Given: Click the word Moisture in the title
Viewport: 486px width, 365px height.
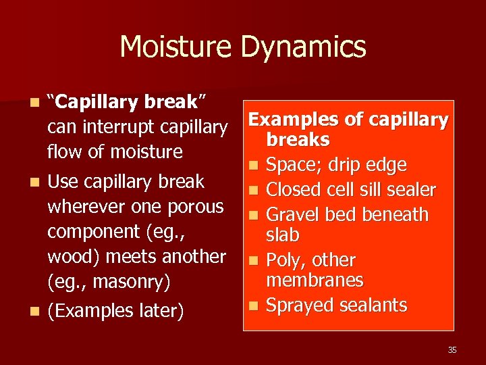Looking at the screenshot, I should coord(178,47).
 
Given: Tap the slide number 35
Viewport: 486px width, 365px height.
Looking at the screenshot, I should coord(452,349).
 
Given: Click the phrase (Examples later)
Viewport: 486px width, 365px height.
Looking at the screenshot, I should coord(115,311).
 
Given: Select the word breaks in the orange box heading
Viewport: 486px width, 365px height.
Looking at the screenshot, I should coord(298,140).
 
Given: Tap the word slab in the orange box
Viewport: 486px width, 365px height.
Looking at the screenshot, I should coord(283,235).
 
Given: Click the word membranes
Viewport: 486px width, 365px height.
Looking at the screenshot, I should coord(315,280).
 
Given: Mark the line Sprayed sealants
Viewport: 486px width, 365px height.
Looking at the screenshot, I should coord(337,306).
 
